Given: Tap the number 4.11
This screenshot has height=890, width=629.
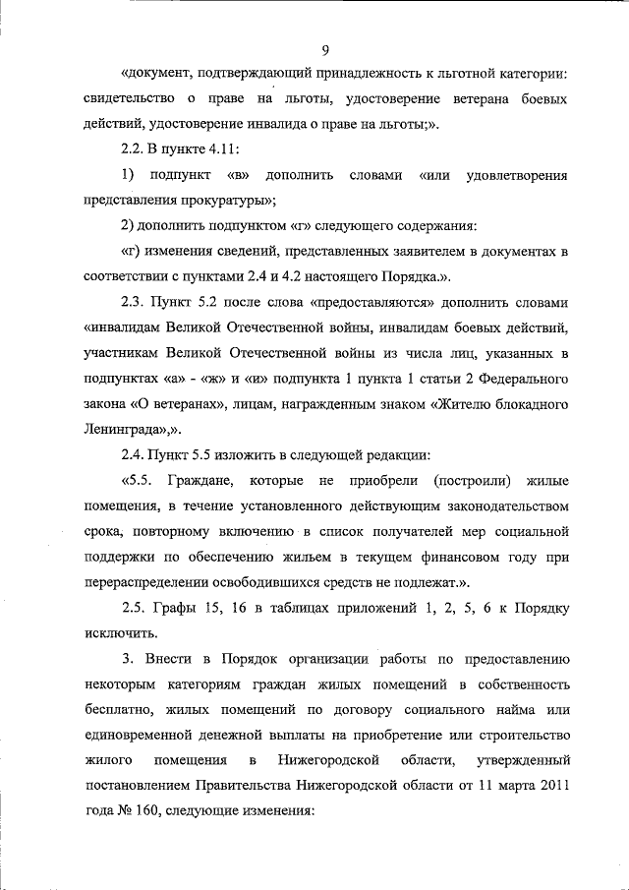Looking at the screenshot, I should pos(223,149).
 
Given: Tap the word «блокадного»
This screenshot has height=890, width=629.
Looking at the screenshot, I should pos(526,404).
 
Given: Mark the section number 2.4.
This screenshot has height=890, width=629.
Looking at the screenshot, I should pos(134,455).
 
